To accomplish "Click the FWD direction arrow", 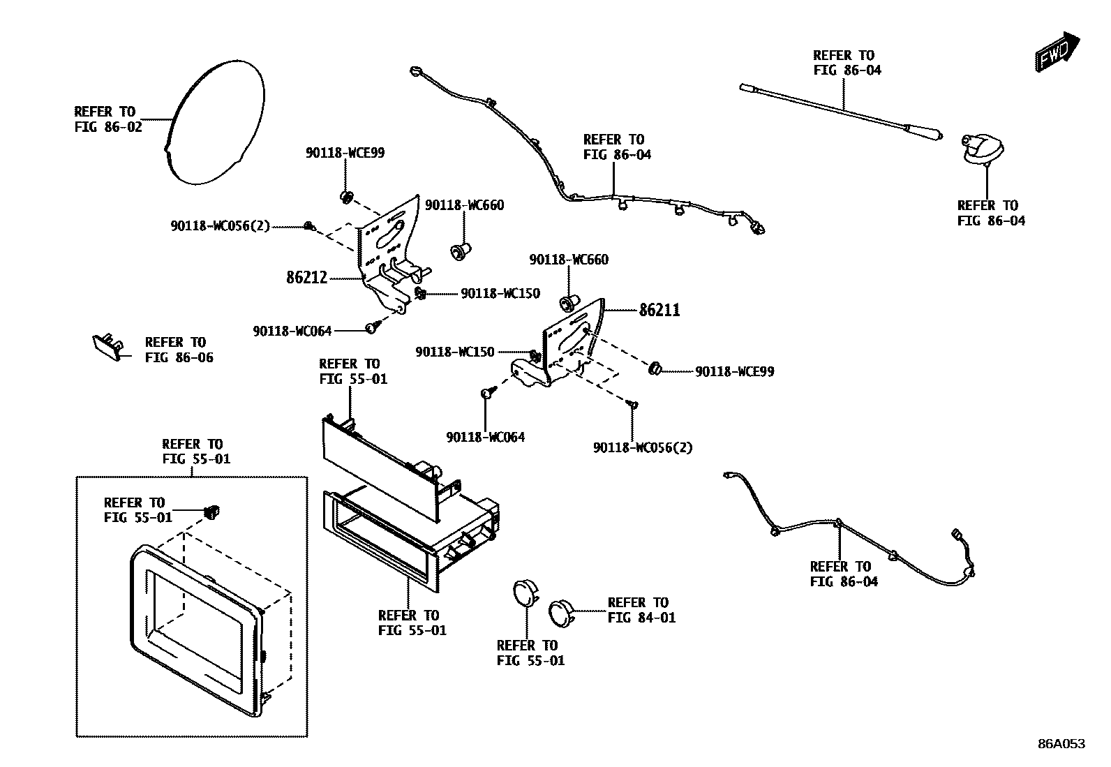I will coord(1058,52).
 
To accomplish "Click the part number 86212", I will coord(306,278).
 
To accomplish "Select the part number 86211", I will coord(659,310).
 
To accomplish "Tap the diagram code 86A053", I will coord(1061,744).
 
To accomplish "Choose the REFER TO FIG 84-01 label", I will coord(641,610).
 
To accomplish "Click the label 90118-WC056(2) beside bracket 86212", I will coord(220,226).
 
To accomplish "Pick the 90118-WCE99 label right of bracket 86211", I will coord(734,372).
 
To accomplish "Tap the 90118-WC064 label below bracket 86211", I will coord(485,438).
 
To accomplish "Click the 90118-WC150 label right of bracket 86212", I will coord(500,294).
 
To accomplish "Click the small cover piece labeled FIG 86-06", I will coord(107,345).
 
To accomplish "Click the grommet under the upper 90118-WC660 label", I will coord(459,249).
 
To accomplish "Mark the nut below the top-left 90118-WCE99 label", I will coord(345,196).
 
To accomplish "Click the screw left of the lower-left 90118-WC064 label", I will coord(371,327).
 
